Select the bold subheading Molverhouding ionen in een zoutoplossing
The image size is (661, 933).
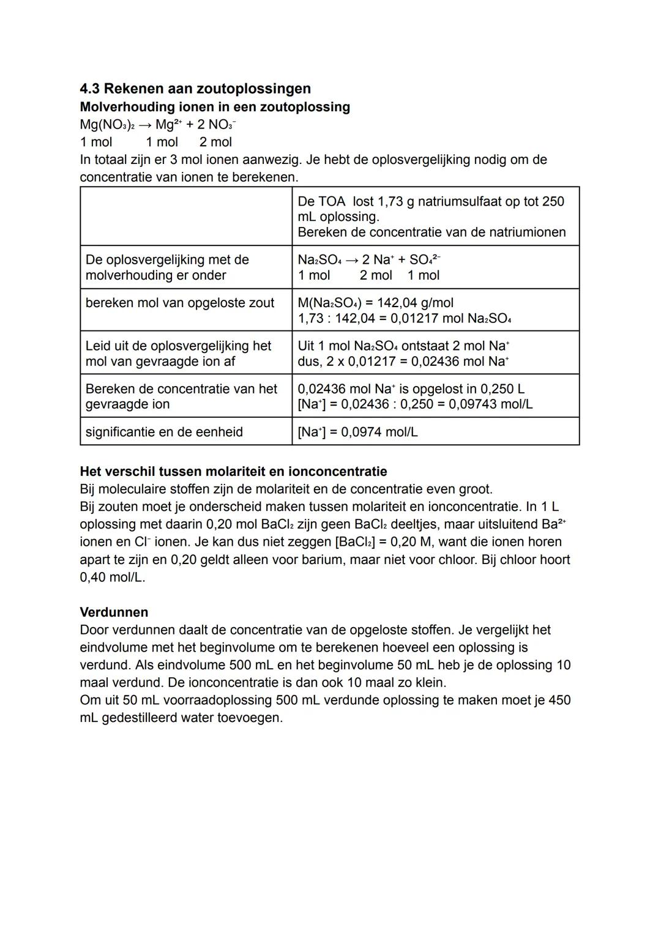tap(215, 107)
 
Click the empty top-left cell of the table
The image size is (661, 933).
tap(186, 217)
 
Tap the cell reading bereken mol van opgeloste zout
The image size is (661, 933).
tap(180, 303)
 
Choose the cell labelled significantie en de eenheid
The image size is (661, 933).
tap(164, 432)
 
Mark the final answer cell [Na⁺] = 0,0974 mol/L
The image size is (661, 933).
tap(358, 432)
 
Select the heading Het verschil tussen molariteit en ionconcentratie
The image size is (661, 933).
tap(233, 472)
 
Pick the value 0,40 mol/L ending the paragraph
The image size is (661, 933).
tap(112, 578)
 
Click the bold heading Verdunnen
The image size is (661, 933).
tap(114, 612)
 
